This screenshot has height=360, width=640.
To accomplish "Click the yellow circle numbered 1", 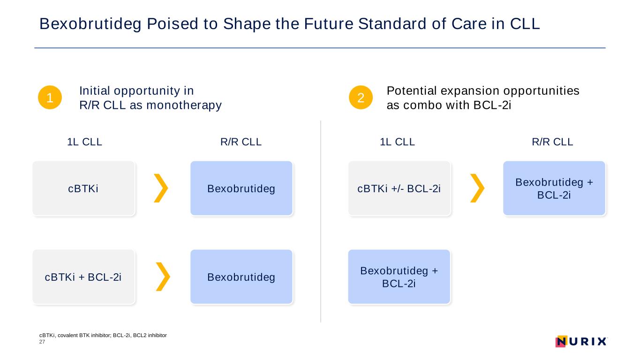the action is pos(50,97).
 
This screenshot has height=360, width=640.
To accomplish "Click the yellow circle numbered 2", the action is pos(361,97).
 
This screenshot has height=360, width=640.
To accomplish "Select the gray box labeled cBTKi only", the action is pos(84,188).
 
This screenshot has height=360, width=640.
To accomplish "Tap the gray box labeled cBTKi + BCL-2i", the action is pos(84,277).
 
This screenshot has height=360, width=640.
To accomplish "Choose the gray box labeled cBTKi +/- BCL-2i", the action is pos(399,188).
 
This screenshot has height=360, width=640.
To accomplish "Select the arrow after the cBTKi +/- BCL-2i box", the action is pos(478,188).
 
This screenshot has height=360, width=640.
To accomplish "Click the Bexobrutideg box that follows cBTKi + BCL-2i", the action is pos(241,277).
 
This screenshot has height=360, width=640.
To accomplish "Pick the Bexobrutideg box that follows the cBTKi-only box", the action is pos(241,188).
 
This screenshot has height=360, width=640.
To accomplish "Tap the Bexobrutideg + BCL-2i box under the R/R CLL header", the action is pos(554,188).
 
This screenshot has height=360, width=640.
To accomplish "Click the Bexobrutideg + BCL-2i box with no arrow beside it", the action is pos(399,277).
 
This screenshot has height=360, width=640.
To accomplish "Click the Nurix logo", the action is pos(581,341).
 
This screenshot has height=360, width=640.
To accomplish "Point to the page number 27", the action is pos(42,342).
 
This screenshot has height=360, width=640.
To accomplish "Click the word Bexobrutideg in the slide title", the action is pos(90,24).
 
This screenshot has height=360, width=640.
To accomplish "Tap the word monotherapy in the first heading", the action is pos(184,105).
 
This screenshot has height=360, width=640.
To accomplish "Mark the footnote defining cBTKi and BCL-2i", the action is pos(103,336).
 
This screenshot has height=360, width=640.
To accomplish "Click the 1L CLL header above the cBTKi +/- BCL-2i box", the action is pos(397,142).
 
